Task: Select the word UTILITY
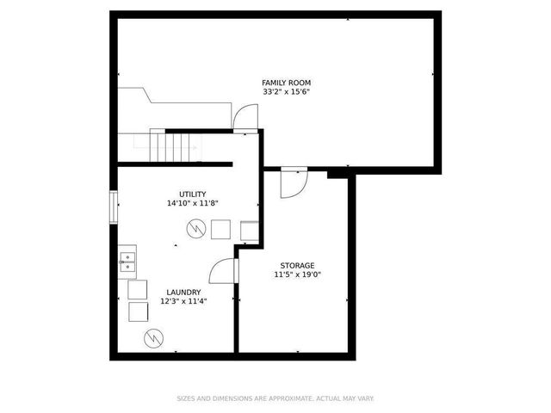[192, 194]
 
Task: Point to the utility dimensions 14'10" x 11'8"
[192, 204]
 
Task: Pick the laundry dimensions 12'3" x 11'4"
[183, 301]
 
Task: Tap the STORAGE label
[297, 265]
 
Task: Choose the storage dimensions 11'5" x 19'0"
[297, 274]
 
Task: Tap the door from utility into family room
[245, 118]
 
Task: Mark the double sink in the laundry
[127, 261]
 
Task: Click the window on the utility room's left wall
[115, 206]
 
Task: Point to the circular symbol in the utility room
[196, 229]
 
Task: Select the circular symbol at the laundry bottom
[154, 336]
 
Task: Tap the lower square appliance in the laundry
[137, 311]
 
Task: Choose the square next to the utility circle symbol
[220, 229]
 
